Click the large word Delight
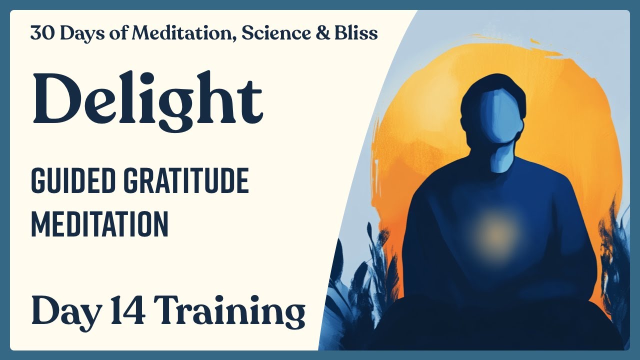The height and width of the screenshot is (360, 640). [147, 100]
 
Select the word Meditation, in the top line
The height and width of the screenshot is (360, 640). [184, 33]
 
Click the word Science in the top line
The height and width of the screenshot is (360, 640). [276, 32]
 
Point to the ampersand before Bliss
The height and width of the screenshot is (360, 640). [323, 32]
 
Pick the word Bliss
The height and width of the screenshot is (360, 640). [356, 32]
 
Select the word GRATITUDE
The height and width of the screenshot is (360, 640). [186, 181]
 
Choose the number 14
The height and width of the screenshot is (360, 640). [127, 310]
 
